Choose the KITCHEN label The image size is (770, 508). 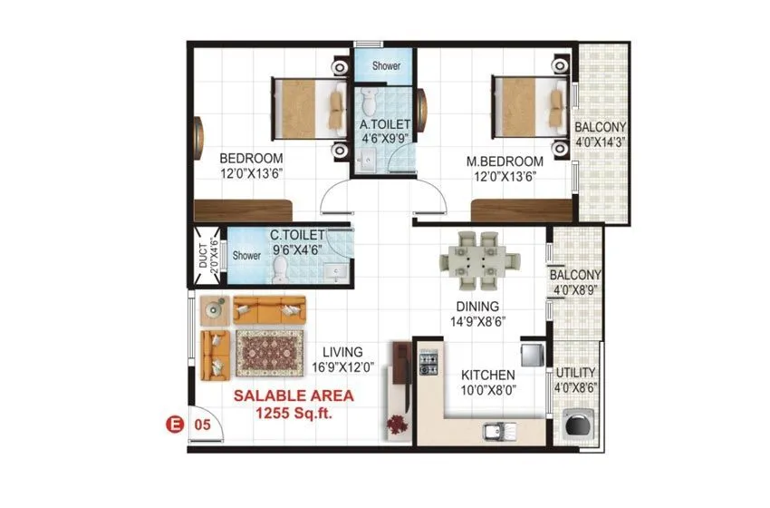click(x=487, y=375)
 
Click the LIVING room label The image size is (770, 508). click(x=342, y=351)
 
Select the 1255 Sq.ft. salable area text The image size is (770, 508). click(x=294, y=413)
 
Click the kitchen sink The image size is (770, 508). click(x=497, y=430)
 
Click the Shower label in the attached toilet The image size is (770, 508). click(x=383, y=66)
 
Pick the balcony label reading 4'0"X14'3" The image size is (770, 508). click(x=600, y=133)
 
